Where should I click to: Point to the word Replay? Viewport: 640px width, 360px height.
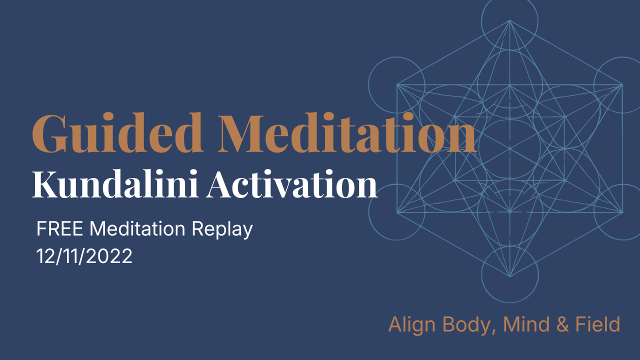click(222, 230)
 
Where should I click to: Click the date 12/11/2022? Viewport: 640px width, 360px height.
click(84, 256)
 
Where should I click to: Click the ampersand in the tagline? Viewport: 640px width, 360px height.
click(562, 325)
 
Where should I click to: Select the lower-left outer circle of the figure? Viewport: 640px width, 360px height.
click(396, 212)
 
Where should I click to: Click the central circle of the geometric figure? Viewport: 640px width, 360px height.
click(509, 148)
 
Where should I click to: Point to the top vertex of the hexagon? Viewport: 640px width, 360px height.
click(509, 20)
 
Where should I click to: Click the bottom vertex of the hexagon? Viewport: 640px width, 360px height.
click(509, 276)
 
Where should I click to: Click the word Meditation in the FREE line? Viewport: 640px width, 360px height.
click(140, 229)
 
